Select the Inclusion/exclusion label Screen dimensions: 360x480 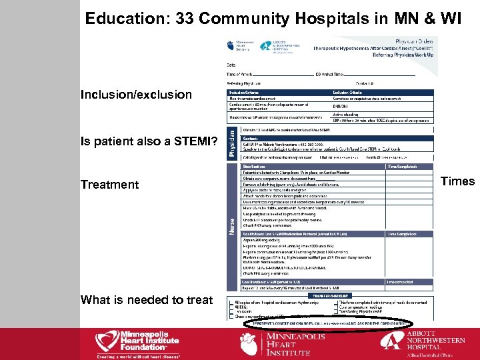[x=136, y=95]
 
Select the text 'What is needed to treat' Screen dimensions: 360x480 [x=146, y=300]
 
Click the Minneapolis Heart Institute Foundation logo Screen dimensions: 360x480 [x=139, y=341]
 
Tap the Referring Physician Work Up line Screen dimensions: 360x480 [x=408, y=55]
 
